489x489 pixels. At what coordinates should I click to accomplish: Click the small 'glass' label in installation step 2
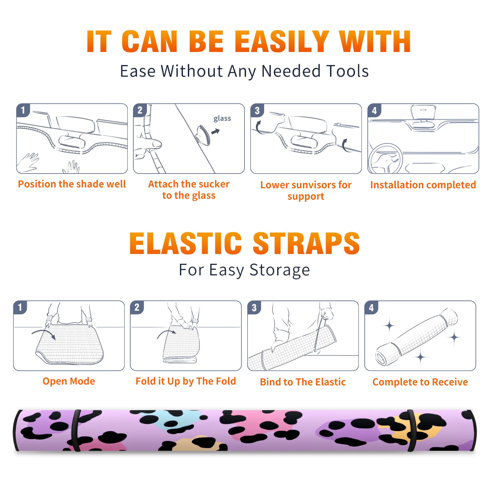[x=222, y=119]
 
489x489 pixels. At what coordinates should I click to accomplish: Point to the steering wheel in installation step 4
[x=385, y=159]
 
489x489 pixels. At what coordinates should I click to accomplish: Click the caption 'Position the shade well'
[x=72, y=184]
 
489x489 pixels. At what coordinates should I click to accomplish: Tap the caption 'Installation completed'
[x=423, y=185]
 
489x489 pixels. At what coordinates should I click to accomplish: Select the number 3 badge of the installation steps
[x=257, y=110]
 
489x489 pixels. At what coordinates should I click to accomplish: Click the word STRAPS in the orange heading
[x=306, y=243]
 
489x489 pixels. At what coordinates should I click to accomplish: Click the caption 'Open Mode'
[x=69, y=381]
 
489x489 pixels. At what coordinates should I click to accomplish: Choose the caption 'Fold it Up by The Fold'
[x=186, y=381]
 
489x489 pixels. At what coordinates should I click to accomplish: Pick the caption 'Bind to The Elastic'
[x=303, y=382]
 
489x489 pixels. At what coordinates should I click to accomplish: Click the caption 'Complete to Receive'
[x=420, y=382]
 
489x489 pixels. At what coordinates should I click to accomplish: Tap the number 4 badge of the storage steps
[x=371, y=307]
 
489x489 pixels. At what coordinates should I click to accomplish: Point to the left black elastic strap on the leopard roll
[x=75, y=430]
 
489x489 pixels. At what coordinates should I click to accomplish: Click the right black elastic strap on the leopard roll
[x=412, y=430]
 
